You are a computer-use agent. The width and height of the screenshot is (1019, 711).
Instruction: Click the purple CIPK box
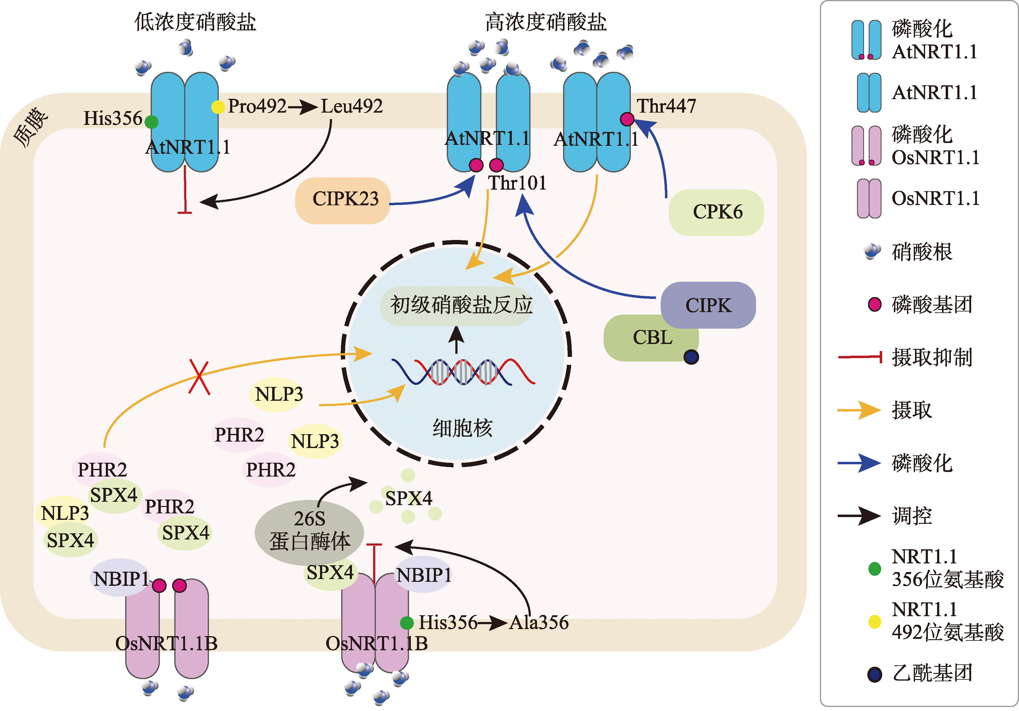tap(708, 305)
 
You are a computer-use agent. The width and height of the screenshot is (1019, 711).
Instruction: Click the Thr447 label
tap(666, 106)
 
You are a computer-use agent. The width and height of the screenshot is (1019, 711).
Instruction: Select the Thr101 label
tap(517, 183)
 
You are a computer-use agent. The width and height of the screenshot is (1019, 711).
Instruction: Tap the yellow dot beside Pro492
tap(218, 107)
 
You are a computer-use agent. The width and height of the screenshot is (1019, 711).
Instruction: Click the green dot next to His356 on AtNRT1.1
tap(151, 122)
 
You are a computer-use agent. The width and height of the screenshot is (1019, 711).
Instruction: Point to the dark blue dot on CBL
tap(691, 357)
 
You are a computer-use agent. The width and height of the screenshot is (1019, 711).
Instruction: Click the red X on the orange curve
tap(199, 377)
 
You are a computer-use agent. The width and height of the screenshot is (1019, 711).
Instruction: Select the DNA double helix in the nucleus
tap(463, 372)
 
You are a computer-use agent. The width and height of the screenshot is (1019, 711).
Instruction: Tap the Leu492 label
tap(352, 106)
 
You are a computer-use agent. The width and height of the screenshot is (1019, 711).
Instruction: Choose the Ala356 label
tap(539, 623)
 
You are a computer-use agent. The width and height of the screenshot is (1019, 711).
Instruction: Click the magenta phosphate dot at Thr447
tap(627, 119)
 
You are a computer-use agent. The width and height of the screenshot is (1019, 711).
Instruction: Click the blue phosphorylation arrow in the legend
tap(859, 463)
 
